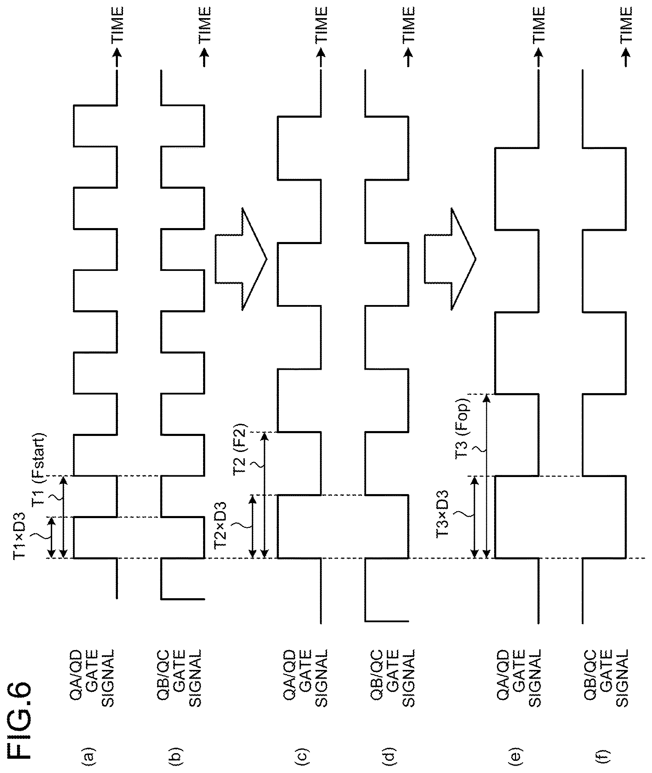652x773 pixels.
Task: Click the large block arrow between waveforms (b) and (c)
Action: point(241,259)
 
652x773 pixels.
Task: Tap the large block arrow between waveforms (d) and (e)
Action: point(450,259)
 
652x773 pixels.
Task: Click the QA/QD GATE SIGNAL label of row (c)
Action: point(306,678)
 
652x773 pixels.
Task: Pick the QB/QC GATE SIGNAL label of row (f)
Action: point(606,678)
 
